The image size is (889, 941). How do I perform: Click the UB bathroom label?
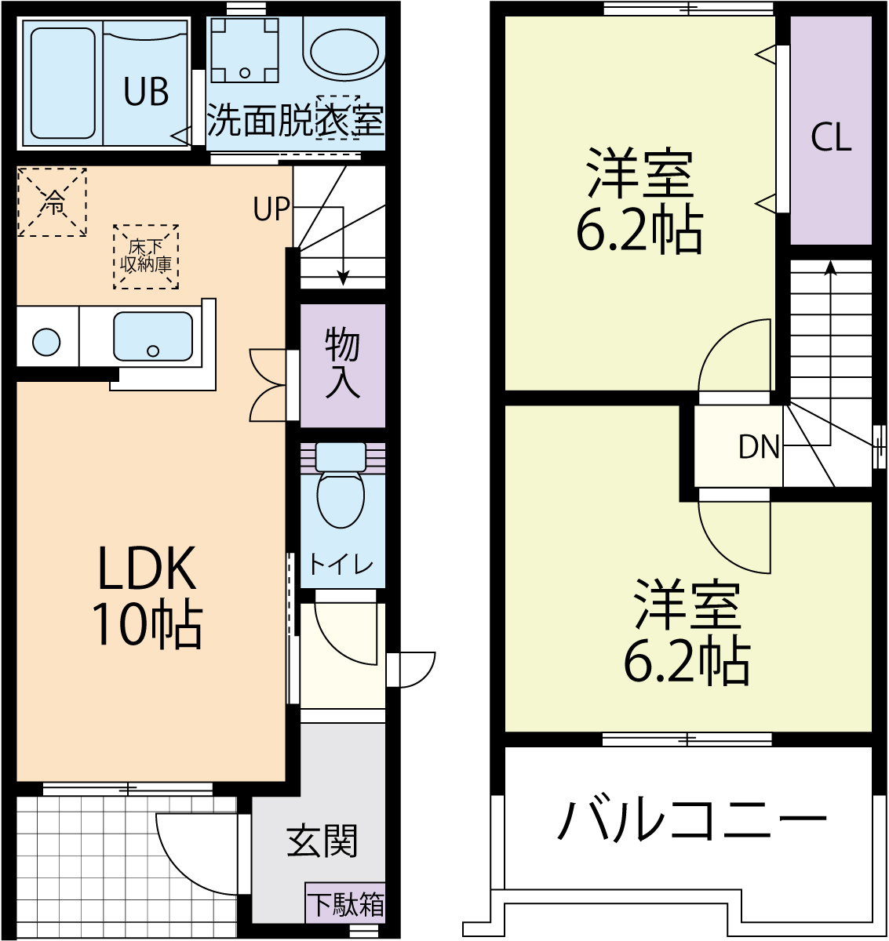pos(146,93)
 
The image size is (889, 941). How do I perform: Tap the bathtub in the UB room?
pos(63,82)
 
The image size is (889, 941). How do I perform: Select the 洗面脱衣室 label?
pos(295,120)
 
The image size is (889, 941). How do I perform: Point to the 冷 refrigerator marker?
pos(52,202)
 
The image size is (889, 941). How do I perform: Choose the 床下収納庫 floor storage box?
pos(146,256)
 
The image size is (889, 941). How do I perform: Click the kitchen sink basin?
pos(152,336)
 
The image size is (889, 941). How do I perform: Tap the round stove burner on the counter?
pos(46,343)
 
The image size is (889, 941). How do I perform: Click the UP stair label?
pos(271,209)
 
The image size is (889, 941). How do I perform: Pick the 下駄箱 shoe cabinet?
pos(345,904)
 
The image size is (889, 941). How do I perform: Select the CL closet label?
pos(831,137)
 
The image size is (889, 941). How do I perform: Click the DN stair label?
pos(759,447)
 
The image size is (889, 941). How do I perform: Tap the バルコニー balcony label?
pos(691,819)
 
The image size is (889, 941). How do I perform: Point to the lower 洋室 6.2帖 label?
pos(687,632)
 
